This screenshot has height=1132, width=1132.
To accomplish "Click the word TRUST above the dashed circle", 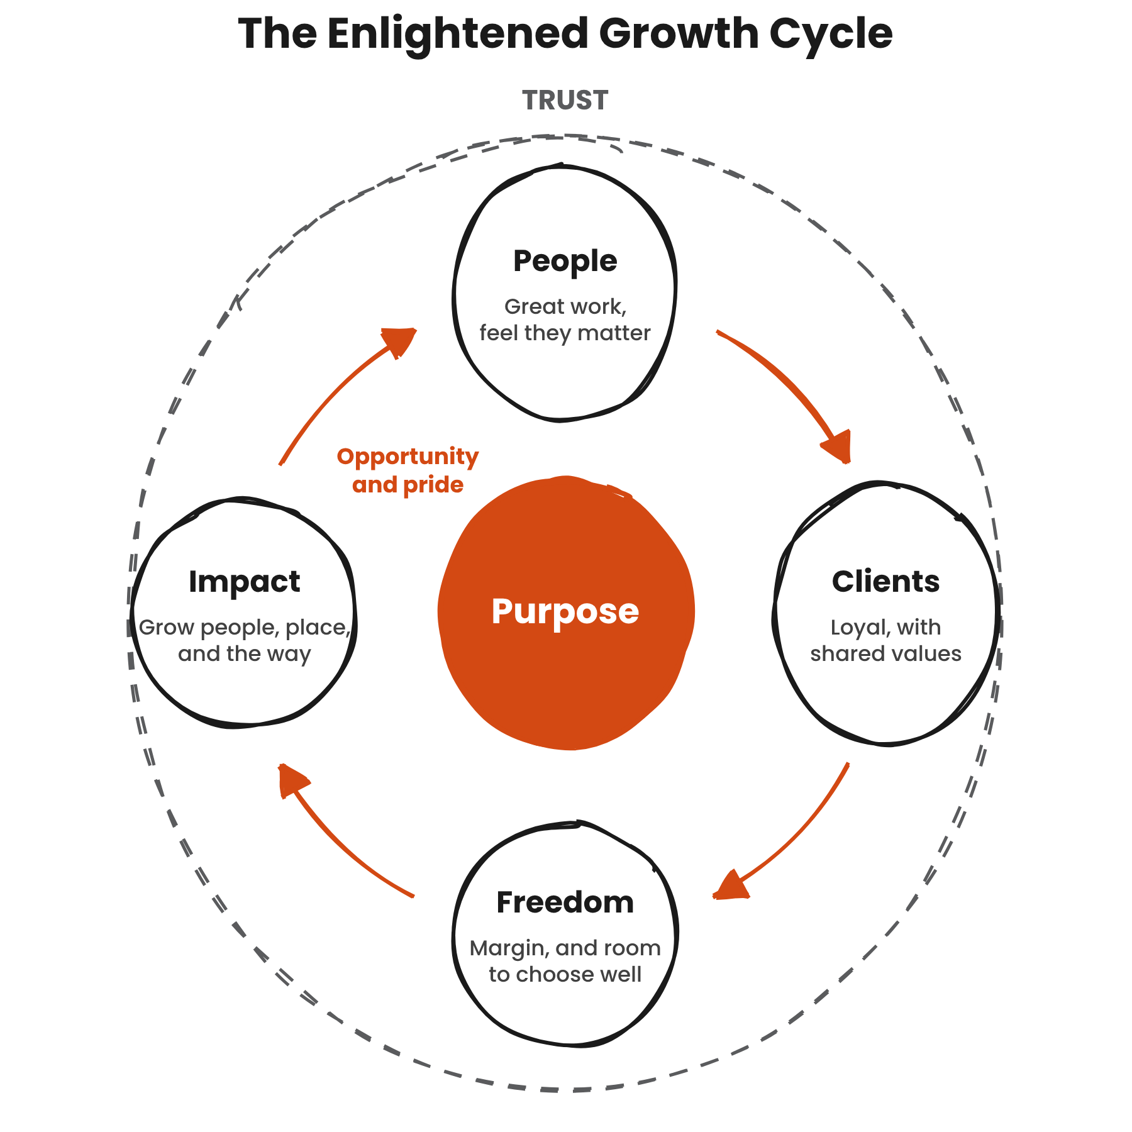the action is pyautogui.click(x=565, y=101).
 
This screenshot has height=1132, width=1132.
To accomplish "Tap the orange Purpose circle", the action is pyautogui.click(x=566, y=613).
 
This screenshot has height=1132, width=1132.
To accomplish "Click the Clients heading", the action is pyautogui.click(x=885, y=582).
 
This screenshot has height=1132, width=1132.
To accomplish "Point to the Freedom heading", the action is pyautogui.click(x=565, y=902).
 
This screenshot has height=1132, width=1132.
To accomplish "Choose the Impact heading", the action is pyautogui.click(x=244, y=582).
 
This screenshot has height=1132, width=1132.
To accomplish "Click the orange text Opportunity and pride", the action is pyautogui.click(x=408, y=471).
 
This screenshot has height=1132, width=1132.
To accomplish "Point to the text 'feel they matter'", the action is pyautogui.click(x=565, y=333).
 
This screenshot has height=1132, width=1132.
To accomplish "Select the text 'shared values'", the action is pyautogui.click(x=885, y=653).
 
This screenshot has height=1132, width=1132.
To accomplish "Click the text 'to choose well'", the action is pyautogui.click(x=565, y=974).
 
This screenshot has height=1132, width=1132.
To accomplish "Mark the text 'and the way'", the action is pyautogui.click(x=244, y=654).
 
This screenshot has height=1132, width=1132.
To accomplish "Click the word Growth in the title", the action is pyautogui.click(x=679, y=35).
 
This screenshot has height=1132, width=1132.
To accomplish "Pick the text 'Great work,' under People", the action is pyautogui.click(x=565, y=307).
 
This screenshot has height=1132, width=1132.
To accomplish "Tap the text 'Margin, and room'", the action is pyautogui.click(x=565, y=948).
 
